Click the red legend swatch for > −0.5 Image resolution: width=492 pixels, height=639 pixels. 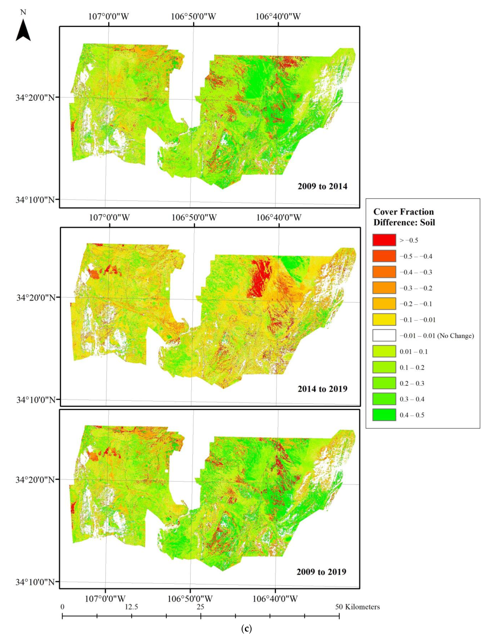click(x=384, y=240)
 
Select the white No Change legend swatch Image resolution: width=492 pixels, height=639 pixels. click(x=384, y=335)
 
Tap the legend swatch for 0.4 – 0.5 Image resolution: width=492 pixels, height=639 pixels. click(x=384, y=415)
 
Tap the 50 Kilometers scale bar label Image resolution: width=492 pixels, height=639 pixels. click(x=357, y=607)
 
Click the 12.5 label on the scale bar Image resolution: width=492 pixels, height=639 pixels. click(x=131, y=607)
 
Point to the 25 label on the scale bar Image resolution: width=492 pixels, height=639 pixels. click(x=200, y=607)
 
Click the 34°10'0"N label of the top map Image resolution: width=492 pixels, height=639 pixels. click(x=35, y=200)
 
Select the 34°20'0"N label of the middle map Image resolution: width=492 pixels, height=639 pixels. click(x=35, y=298)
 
